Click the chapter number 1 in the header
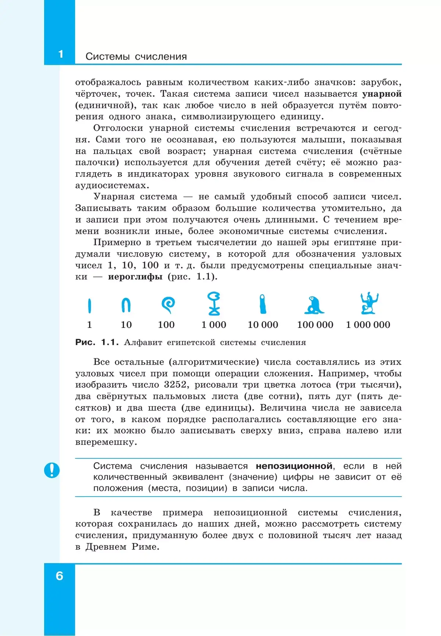[61, 54]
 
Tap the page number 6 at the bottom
[60, 575]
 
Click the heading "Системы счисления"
[136, 57]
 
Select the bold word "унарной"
[382, 94]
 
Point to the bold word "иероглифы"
[135, 276]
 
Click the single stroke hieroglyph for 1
[89, 306]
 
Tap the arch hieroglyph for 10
[126, 305]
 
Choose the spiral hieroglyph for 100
[168, 305]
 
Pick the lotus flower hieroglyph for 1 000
[214, 304]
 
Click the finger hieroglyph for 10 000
[262, 304]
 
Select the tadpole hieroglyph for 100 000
[314, 305]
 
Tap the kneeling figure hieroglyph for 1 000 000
[369, 303]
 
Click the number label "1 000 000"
[368, 325]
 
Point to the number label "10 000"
[263, 325]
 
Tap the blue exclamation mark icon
[52, 470]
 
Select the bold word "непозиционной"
[294, 466]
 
